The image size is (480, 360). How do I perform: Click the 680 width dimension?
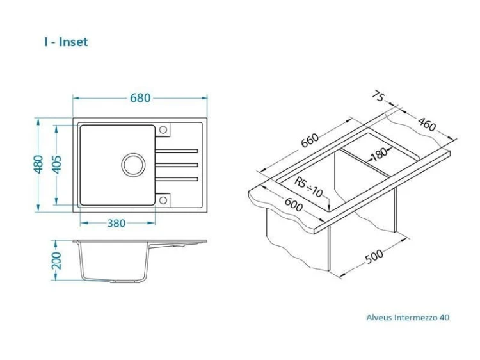click(140, 98)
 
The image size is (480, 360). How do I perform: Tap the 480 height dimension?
click(38, 164)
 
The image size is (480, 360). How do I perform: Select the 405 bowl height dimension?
click(56, 165)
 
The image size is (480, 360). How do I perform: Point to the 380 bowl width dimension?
click(116, 224)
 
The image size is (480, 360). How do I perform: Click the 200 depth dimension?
click(56, 261)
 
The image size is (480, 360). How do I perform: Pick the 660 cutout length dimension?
click(310, 140)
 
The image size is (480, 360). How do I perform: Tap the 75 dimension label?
click(378, 96)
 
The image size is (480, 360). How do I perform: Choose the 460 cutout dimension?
click(427, 124)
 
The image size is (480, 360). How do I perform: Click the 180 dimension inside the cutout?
click(379, 154)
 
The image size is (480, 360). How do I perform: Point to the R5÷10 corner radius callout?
click(308, 187)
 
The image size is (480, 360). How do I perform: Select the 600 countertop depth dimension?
click(294, 204)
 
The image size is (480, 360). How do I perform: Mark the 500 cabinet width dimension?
click(374, 256)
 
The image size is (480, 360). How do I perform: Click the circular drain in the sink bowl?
click(133, 165)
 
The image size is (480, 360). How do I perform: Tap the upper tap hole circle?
click(163, 129)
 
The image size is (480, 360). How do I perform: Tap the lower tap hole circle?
click(163, 200)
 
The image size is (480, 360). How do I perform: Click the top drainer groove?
click(177, 151)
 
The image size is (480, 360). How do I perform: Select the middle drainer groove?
click(177, 165)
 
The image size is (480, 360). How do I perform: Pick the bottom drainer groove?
click(177, 179)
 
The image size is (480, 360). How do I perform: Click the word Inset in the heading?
click(73, 42)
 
